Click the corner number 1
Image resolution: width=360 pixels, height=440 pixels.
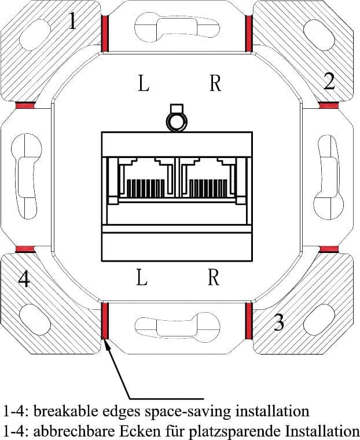72,21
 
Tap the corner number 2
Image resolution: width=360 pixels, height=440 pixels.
329,81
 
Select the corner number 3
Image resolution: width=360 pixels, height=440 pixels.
278,322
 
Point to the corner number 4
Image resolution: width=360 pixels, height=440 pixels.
24,279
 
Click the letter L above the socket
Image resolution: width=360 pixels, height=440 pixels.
144,83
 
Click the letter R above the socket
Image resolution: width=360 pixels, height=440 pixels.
215,83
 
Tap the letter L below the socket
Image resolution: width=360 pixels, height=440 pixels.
142,277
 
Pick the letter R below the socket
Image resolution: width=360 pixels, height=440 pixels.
214,277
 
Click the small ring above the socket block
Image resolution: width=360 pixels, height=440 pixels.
177,122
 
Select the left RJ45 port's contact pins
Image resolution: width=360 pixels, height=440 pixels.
146,189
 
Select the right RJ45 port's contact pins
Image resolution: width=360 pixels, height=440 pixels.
208,189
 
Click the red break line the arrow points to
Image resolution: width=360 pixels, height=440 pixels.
105,321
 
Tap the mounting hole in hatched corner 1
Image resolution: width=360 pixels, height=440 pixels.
35,35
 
